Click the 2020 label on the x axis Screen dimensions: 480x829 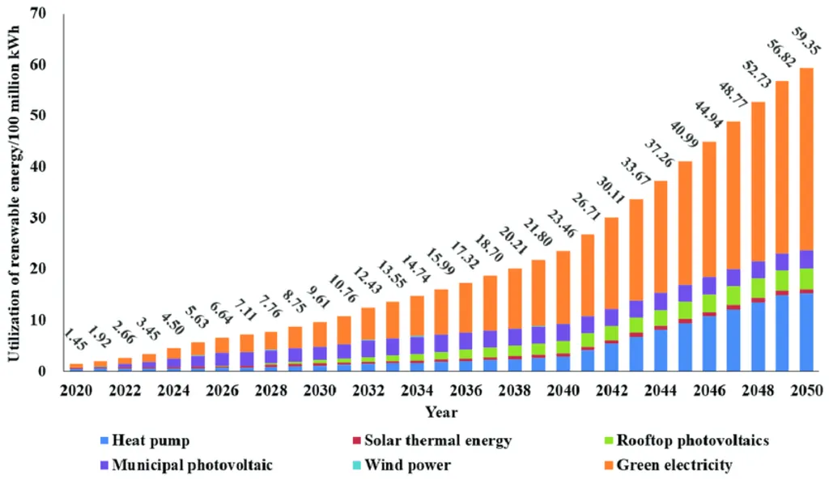pyautogui.click(x=75, y=391)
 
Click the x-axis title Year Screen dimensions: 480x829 pyautogui.click(x=441, y=413)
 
